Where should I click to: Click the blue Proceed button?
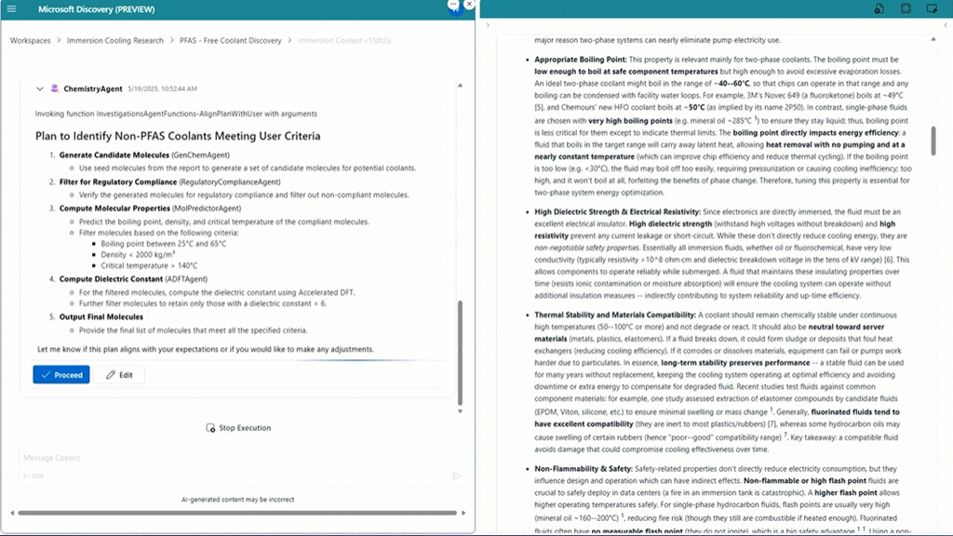61,374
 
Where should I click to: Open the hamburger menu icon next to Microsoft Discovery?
11,8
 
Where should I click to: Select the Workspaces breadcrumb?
31,41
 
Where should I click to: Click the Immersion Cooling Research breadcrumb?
114,41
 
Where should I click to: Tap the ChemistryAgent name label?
92,88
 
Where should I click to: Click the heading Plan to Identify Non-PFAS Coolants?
178,136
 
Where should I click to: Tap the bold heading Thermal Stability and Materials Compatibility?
614,315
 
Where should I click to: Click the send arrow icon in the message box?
456,476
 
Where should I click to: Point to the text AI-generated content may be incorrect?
238,500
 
